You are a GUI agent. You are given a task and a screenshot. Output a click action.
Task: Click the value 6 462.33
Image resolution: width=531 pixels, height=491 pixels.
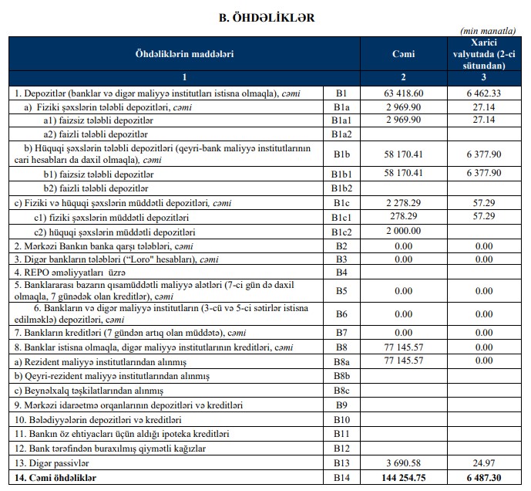pos(483,93)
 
